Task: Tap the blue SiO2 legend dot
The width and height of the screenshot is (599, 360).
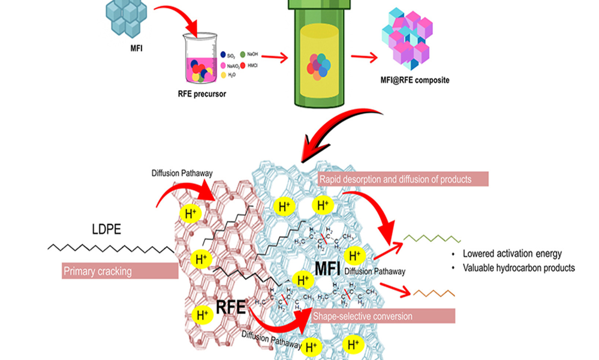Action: coord(223,55)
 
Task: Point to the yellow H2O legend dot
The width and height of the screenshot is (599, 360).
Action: coord(223,76)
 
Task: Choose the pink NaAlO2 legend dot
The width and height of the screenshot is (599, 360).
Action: coord(223,65)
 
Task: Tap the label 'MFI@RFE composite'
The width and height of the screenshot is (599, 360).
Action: coord(416,80)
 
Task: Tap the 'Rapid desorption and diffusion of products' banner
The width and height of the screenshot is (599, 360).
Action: coord(403,179)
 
